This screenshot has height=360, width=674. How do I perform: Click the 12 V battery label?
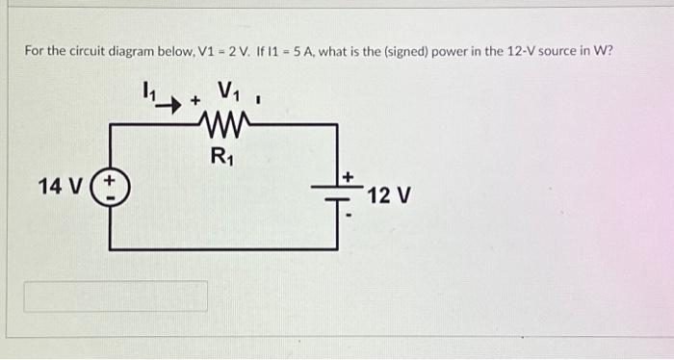coord(390,195)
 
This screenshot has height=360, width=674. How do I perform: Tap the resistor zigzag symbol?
coord(227,123)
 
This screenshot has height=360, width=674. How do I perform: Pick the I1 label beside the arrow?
coord(149,90)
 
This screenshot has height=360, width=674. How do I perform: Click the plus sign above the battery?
coord(349,177)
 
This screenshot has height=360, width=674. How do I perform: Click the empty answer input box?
coord(116,296)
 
